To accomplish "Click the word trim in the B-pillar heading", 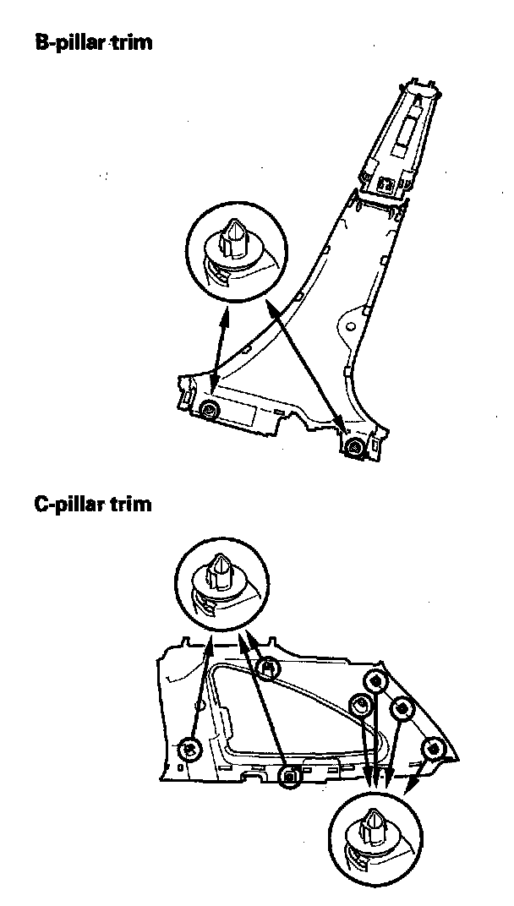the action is tap(132, 41).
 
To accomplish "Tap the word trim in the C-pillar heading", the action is tap(132, 505).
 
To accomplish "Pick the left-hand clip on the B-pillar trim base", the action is tap(209, 411).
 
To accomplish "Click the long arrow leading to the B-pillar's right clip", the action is tap(304, 363).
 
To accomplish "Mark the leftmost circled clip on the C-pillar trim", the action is tap(189, 748).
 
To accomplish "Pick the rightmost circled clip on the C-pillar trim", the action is tap(435, 747).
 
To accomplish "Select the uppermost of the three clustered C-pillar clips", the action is tap(374, 681).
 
